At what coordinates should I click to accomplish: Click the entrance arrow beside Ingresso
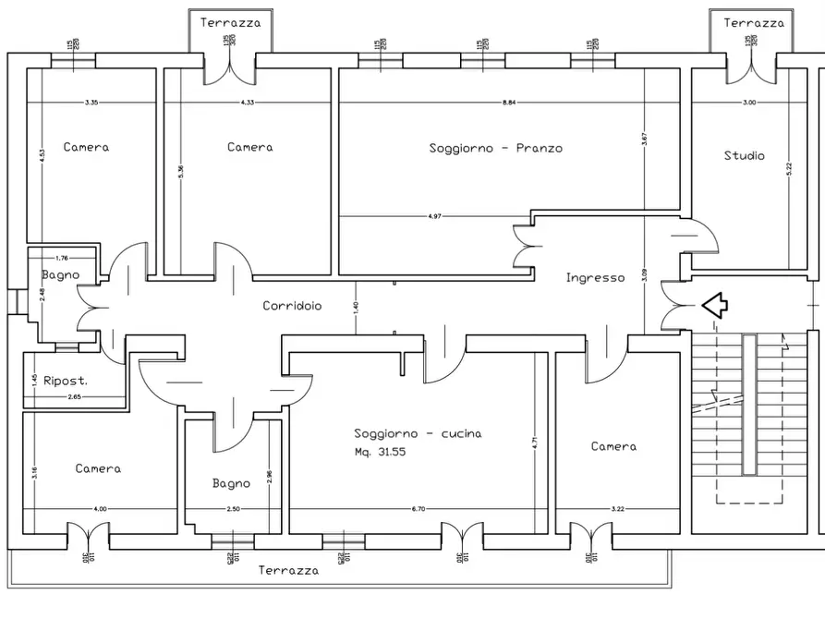pos(715,305)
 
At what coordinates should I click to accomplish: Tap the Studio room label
pos(744,156)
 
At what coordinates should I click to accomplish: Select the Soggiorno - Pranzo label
pos(495,148)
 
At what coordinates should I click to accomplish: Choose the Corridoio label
pos(292,306)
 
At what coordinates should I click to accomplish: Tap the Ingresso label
pos(595,277)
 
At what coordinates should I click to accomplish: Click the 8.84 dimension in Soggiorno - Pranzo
pos(509,103)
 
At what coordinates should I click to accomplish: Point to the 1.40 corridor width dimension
pos(356,306)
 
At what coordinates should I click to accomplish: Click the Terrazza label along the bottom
pos(289,571)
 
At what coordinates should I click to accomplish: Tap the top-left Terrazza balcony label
pos(230,22)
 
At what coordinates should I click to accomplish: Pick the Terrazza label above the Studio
pos(754,22)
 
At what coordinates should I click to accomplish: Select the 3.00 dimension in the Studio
pos(749,103)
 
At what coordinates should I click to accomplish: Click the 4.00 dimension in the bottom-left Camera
pos(101,509)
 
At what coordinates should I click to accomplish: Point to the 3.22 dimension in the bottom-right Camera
pos(618,509)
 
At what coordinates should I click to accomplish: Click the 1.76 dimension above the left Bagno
pos(62,259)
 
